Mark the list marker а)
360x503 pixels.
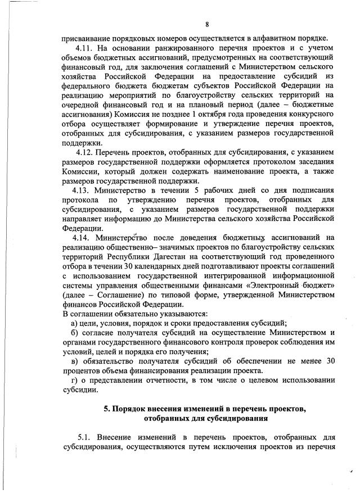click(74, 323)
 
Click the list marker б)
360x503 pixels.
click(74, 332)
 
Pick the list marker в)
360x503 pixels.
click(74, 361)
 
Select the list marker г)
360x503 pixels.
click(73, 380)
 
